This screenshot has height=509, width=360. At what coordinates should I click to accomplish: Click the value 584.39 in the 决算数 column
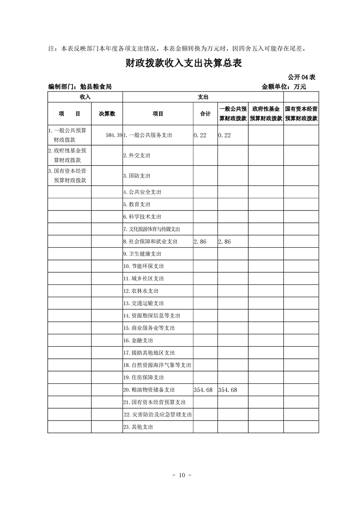(x=113, y=135)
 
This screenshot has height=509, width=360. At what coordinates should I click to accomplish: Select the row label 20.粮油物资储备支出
(x=149, y=390)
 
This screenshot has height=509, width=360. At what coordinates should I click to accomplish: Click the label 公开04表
(x=301, y=77)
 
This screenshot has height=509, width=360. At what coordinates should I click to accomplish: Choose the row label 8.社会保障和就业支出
(x=150, y=242)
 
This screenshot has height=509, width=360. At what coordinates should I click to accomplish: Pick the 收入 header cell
(x=85, y=97)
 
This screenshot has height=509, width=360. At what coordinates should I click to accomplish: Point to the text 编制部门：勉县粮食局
(x=80, y=86)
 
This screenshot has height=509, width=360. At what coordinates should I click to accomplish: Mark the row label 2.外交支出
(x=137, y=155)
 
